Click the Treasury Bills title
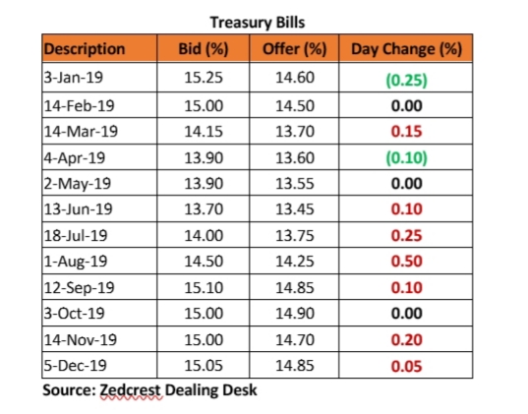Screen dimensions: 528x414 coord(258,23)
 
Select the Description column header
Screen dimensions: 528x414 coord(85,49)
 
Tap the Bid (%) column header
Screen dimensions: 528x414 coord(204,49)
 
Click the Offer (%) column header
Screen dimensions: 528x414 coord(295,49)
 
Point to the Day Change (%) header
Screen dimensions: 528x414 coord(406,49)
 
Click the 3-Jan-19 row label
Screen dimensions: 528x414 coord(74,78)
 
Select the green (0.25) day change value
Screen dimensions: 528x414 coord(406,81)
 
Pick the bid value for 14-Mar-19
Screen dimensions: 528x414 coord(204,131)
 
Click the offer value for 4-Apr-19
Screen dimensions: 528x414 coord(295,157)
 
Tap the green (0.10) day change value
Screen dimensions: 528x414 coord(406,157)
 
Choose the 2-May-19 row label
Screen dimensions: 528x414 coord(77,184)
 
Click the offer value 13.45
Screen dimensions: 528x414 coord(295,209)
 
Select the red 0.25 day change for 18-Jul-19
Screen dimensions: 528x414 coord(406,235)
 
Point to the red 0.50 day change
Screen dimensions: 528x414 coord(406,262)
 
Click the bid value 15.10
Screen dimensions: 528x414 coord(204,288)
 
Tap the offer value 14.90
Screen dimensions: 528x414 coord(295,314)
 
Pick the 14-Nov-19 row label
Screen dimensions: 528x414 coord(81,339)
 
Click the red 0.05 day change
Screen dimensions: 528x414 coord(406,367)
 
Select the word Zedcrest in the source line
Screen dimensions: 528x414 coord(130,390)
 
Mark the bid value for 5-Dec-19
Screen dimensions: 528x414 coord(204,366)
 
